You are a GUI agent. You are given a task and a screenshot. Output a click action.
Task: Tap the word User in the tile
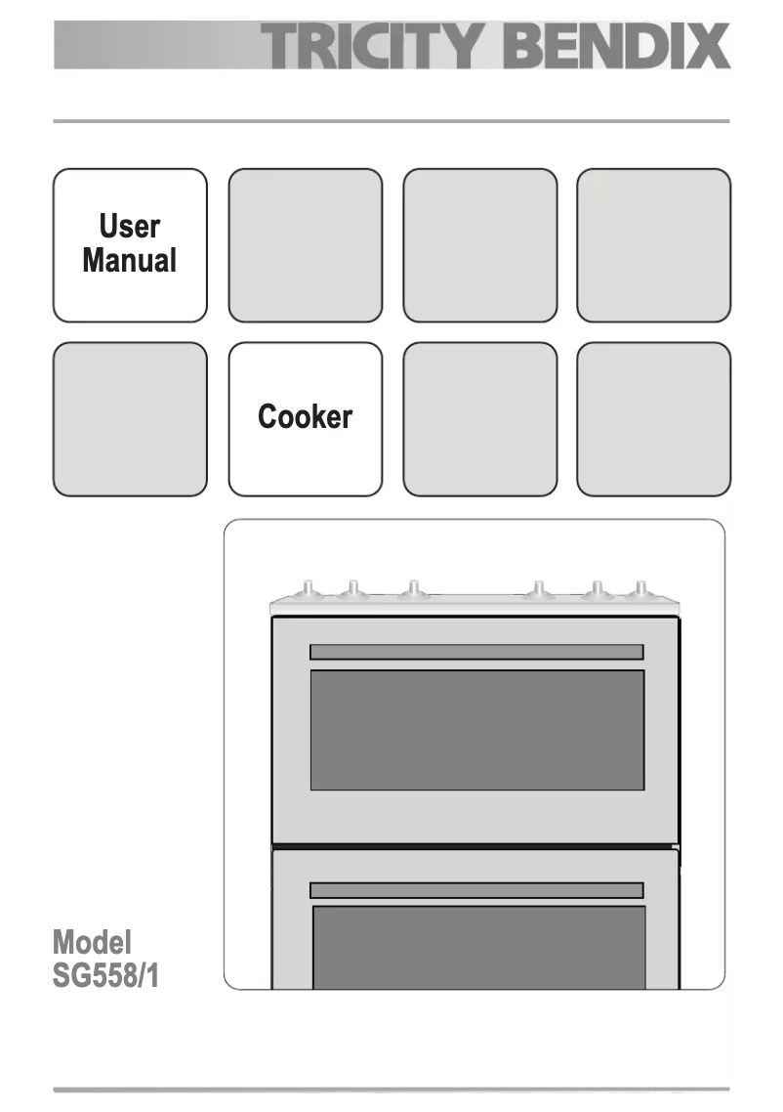tap(130, 227)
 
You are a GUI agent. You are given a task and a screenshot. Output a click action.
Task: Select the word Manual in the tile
tap(130, 261)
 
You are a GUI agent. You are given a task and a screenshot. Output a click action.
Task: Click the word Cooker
tap(305, 417)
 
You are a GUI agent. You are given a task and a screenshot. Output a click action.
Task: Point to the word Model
tap(92, 943)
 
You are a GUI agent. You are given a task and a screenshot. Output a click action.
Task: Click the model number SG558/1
tap(105, 975)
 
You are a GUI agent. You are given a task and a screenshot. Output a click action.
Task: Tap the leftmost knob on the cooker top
tap(309, 588)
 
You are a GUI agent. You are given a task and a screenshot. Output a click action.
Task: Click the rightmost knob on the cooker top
tap(639, 589)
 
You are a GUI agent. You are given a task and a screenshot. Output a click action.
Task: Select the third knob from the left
tap(413, 588)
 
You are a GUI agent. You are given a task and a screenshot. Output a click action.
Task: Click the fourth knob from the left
tap(537, 589)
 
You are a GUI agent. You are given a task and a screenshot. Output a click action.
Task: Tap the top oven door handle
tap(476, 652)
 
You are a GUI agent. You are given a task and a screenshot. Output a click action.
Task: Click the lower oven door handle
tap(476, 890)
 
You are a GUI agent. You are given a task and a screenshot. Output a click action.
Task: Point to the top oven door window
tap(476, 730)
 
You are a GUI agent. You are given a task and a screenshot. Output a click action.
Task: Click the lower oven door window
tap(478, 946)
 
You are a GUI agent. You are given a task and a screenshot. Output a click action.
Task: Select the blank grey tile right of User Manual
tap(305, 245)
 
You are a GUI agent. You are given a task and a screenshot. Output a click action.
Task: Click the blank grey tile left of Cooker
tap(130, 419)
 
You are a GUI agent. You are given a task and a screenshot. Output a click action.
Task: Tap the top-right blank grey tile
tap(653, 245)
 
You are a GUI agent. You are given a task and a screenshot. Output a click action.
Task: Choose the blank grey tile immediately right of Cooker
tap(479, 419)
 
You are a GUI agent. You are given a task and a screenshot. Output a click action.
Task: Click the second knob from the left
tap(352, 589)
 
